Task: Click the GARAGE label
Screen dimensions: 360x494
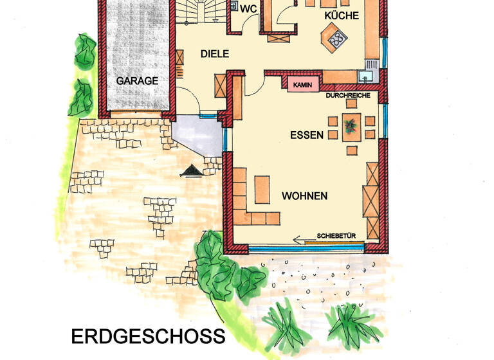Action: pyautogui.click(x=137, y=81)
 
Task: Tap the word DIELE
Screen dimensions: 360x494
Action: pyautogui.click(x=214, y=54)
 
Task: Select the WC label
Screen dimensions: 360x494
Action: pyautogui.click(x=248, y=9)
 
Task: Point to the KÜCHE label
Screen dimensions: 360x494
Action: pyautogui.click(x=342, y=15)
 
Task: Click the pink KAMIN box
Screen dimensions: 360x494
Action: pyautogui.click(x=302, y=85)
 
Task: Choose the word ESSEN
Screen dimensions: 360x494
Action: pyautogui.click(x=306, y=135)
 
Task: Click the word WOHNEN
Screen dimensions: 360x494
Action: pyautogui.click(x=304, y=195)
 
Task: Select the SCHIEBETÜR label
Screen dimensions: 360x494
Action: pyautogui.click(x=340, y=237)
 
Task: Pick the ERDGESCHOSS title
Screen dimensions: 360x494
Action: pyautogui.click(x=148, y=336)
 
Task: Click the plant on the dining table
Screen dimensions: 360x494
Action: pyautogui.click(x=351, y=125)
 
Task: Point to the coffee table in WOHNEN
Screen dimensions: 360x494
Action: pyautogui.click(x=262, y=189)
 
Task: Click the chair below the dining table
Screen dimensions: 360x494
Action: pyautogui.click(x=351, y=150)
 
